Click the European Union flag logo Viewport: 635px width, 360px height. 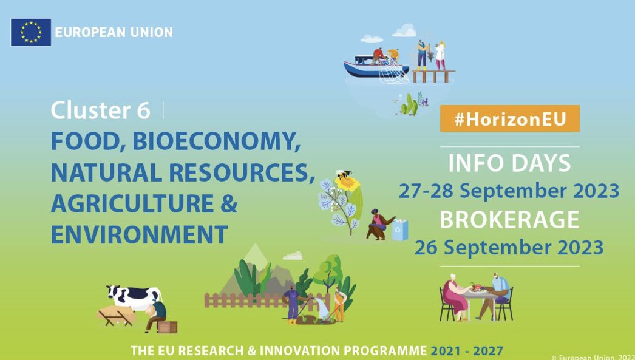coord(30,32)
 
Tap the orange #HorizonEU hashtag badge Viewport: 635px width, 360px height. coord(509,119)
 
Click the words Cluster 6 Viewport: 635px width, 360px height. coord(100,110)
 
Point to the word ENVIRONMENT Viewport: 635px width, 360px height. coord(139,234)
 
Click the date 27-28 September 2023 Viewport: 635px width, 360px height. coord(509,191)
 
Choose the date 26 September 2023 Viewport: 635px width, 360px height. coord(509,247)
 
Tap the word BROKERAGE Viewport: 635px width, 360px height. coord(509,220)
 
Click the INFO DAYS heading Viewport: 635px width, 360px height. coord(509,163)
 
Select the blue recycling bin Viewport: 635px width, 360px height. coord(400,230)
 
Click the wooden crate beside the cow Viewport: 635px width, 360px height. coord(168,327)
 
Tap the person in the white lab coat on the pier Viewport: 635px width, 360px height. coord(440,55)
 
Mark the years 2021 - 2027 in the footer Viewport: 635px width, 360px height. coord(467,351)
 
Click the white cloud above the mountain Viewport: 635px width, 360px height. coord(292,256)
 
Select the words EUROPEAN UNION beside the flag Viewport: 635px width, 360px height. coord(114,32)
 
